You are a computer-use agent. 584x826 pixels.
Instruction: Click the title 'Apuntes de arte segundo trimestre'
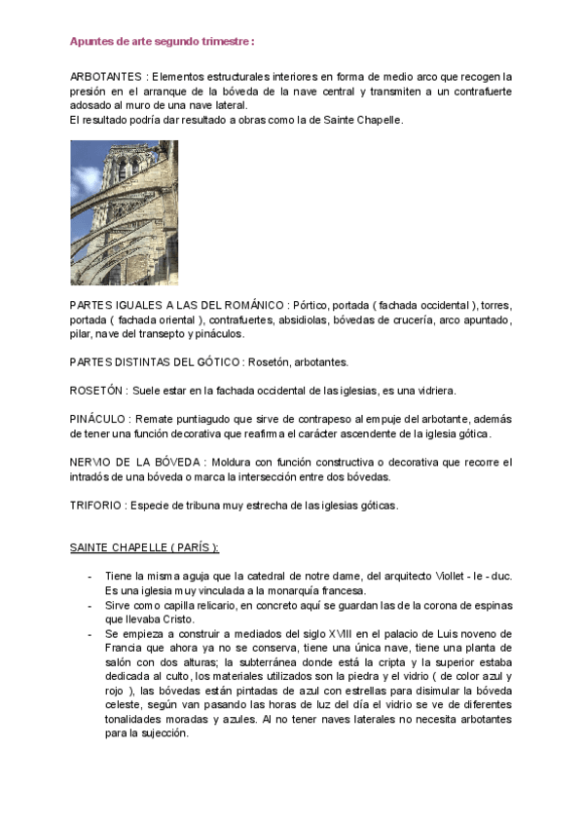coord(162,42)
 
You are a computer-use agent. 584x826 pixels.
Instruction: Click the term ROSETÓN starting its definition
coord(98,391)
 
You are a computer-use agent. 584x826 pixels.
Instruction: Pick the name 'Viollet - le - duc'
coord(473,577)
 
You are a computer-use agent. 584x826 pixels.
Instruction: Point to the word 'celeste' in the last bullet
coord(122,703)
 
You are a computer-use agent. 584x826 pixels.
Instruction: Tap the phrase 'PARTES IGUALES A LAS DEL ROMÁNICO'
coord(177,305)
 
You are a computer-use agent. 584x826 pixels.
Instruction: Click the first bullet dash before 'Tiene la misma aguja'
coord(90,577)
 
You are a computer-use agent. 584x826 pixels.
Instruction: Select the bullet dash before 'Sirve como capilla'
coord(90,605)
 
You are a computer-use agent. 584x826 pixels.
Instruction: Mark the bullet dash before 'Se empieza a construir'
coord(90,633)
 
